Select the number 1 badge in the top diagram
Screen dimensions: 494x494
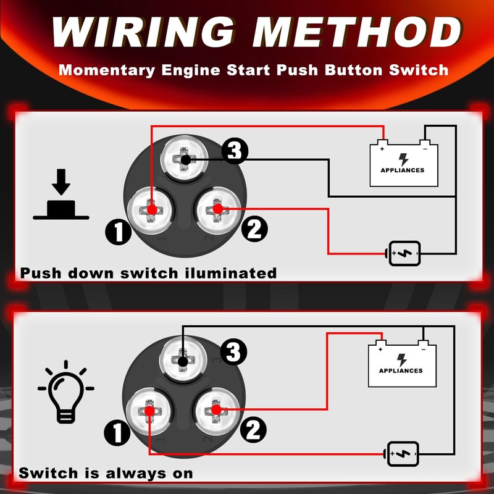click(x=118, y=232)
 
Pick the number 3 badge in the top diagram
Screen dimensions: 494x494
click(x=235, y=151)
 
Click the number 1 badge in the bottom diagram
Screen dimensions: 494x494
click(x=117, y=432)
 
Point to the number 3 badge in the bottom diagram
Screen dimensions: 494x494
click(x=233, y=353)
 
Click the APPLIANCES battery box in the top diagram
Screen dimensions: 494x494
click(x=403, y=164)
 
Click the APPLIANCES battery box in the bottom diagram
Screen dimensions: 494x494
click(x=401, y=364)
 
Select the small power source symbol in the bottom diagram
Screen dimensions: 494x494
click(x=403, y=454)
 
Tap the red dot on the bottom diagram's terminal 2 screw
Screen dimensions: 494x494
click(x=215, y=409)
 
